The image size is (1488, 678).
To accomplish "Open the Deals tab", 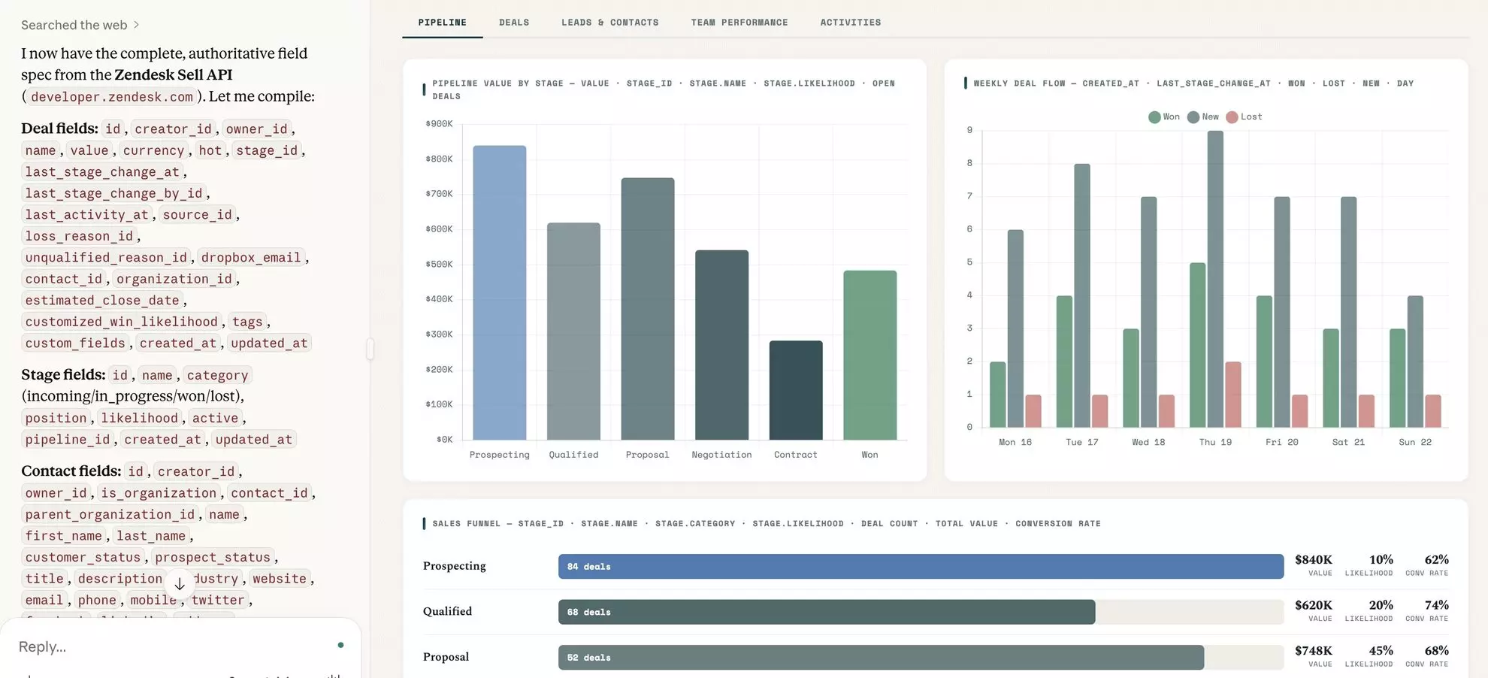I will (514, 23).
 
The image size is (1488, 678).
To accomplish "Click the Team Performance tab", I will (739, 23).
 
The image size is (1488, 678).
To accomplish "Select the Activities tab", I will (850, 23).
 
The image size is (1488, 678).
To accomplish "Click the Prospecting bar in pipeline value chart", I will (499, 293).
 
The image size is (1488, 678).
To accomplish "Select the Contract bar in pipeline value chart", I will (795, 391).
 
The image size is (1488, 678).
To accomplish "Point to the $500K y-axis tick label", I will (439, 265).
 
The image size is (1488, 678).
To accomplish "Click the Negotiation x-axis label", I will (721, 455).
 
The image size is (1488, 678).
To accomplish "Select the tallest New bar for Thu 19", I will (1215, 278).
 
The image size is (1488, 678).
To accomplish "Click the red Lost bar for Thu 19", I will (1233, 395).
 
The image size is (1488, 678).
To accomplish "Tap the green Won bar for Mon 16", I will (997, 395).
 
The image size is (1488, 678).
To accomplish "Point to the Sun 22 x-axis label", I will (1415, 442).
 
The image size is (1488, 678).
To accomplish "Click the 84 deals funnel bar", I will (921, 567).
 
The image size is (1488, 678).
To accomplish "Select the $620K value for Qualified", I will (1313, 605).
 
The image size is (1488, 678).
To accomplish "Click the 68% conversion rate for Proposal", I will (1436, 651).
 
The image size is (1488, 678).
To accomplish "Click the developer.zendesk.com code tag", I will (112, 97).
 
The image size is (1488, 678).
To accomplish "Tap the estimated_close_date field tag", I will (102, 301).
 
